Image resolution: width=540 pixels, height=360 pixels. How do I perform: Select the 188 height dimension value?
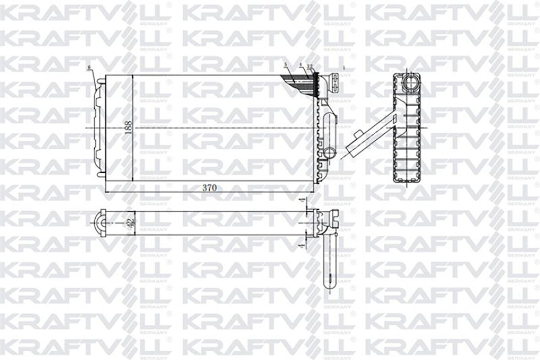[129, 127]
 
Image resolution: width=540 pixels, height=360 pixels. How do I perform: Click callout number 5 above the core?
[285, 65]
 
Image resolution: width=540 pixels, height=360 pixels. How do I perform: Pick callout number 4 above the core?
[301, 65]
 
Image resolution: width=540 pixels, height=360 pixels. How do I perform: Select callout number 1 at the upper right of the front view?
[344, 67]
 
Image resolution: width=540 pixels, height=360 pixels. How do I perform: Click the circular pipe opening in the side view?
[409, 82]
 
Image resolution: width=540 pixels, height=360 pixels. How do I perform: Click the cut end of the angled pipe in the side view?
[351, 149]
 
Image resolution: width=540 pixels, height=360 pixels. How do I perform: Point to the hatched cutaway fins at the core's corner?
[297, 82]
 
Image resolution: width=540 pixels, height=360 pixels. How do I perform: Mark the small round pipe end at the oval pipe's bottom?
[329, 152]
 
